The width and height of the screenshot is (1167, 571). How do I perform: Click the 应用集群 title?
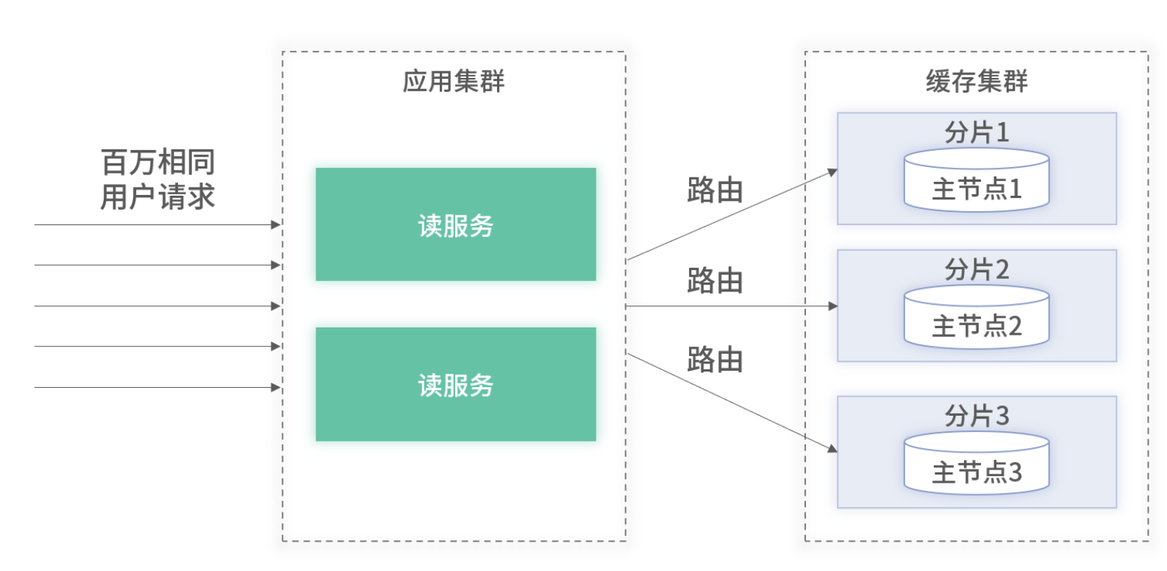point(454,81)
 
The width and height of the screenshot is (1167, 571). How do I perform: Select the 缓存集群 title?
point(977,81)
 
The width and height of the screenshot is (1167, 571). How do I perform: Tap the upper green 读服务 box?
point(456,224)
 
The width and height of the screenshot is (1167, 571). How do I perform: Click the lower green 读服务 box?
point(456,384)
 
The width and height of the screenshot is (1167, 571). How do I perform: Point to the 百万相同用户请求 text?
point(157,179)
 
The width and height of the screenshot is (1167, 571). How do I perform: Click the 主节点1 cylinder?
point(977,180)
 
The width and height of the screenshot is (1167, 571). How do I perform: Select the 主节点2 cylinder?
point(977,317)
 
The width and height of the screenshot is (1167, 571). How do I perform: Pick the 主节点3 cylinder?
point(977,464)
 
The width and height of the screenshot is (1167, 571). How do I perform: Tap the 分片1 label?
point(977,132)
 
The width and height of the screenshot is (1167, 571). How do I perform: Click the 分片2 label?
point(977,269)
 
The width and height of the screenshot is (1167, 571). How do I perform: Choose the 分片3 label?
point(977,416)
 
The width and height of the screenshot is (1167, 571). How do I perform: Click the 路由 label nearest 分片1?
point(715,190)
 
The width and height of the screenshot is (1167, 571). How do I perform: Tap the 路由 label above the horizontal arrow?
point(715,280)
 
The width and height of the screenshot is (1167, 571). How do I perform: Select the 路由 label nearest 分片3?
point(715,360)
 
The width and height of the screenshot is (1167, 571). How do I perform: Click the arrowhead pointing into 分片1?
point(832,172)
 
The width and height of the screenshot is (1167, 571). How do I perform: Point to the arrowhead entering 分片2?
point(833,306)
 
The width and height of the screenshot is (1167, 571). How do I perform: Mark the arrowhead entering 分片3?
point(832,448)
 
